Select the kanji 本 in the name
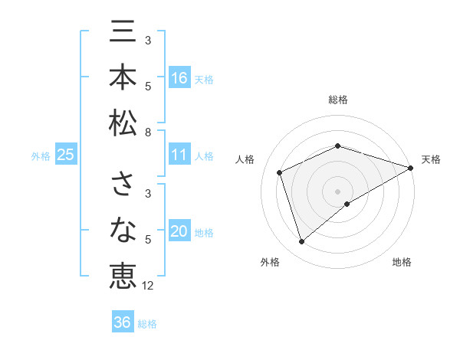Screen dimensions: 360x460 tap(123, 78)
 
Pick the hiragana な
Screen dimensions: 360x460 tap(123, 229)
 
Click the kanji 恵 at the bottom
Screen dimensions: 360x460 tap(123, 273)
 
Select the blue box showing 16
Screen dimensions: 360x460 tap(179, 77)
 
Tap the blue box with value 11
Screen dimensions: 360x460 tap(179, 155)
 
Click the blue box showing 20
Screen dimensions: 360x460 tap(179, 232)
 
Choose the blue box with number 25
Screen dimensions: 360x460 tap(66, 155)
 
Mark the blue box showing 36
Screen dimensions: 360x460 tap(123, 322)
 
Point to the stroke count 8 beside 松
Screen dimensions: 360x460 tap(148, 132)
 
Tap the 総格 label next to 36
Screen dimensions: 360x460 tap(147, 324)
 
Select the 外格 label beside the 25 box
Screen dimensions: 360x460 tap(41, 156)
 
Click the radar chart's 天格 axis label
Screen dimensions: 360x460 tap(431, 159)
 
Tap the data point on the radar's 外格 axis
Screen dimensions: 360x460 tap(301, 242)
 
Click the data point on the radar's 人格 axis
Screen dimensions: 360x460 tap(280, 172)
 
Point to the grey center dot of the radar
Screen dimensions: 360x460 tap(338, 190)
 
